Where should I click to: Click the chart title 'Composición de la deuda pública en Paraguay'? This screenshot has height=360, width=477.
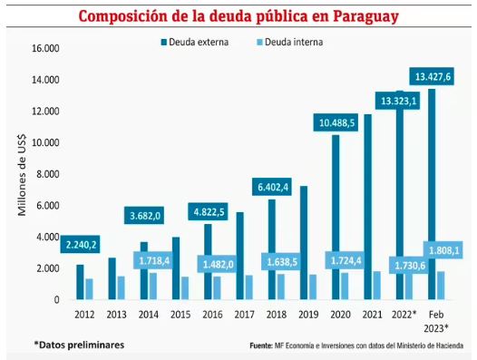coord(238,15)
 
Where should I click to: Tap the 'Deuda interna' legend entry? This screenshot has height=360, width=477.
coord(289,43)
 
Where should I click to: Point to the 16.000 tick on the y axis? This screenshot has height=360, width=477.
coord(44,48)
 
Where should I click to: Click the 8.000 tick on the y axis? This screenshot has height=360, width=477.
coord(46,174)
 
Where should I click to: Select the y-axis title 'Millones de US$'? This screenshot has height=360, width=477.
coord(22,175)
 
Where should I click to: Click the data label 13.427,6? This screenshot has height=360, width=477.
coord(433,76)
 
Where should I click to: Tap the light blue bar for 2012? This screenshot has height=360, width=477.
coord(88,288)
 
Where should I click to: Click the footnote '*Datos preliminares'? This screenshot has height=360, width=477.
coord(79,345)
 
